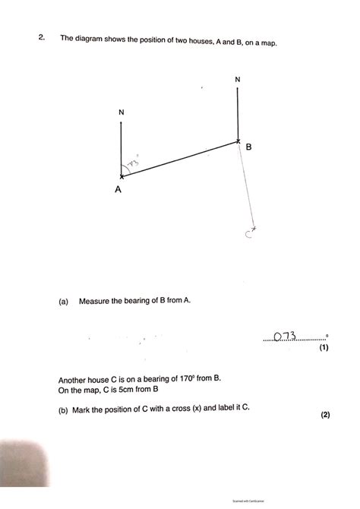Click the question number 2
tap(45, 36)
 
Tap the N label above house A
tap(122, 112)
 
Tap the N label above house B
tap(238, 79)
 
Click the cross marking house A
tap(122, 176)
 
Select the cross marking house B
tap(238, 141)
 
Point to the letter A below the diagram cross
tap(118, 191)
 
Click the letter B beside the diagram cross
tap(248, 147)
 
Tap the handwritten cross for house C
tap(254, 228)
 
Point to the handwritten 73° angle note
tap(134, 162)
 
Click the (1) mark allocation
tap(324, 348)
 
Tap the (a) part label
tap(64, 301)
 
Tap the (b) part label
tap(64, 409)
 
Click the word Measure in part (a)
tap(96, 301)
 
